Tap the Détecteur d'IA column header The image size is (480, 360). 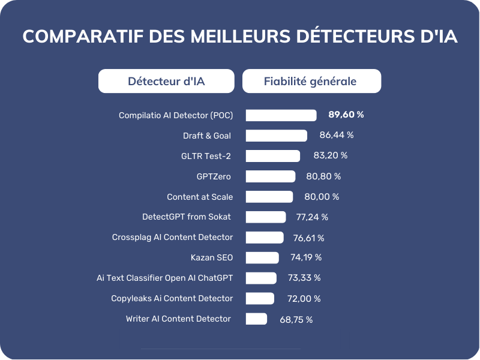[166, 82]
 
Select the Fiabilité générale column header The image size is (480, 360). [311, 82]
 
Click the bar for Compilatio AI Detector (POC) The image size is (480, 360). [281, 115]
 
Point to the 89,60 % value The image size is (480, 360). [346, 115]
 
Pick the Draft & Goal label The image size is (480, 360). [207, 136]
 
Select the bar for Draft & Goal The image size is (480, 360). [276, 136]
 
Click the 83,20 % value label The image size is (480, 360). [330, 155]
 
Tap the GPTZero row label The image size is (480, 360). [214, 176]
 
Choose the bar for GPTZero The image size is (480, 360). [271, 176]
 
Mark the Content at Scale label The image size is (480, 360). [200, 197]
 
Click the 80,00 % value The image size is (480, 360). [322, 197]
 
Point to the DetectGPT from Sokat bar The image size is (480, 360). [266, 217]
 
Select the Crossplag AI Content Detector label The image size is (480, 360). [172, 237]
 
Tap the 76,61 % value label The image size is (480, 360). [308, 238]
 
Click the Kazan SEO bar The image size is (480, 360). [262, 258]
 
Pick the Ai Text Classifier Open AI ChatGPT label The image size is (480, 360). [164, 278]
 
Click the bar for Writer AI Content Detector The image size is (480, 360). [256, 319]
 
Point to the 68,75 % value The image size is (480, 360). [296, 320]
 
